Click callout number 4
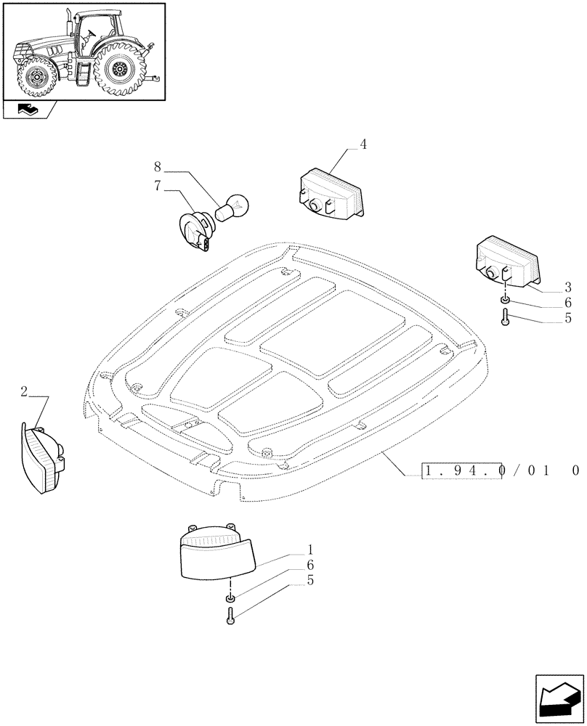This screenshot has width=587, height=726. click(363, 144)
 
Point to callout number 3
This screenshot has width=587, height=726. click(567, 287)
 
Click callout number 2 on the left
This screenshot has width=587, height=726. click(24, 393)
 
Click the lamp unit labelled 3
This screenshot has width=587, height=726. click(507, 261)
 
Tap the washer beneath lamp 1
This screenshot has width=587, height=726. click(230, 598)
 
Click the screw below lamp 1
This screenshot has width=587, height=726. click(230, 616)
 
